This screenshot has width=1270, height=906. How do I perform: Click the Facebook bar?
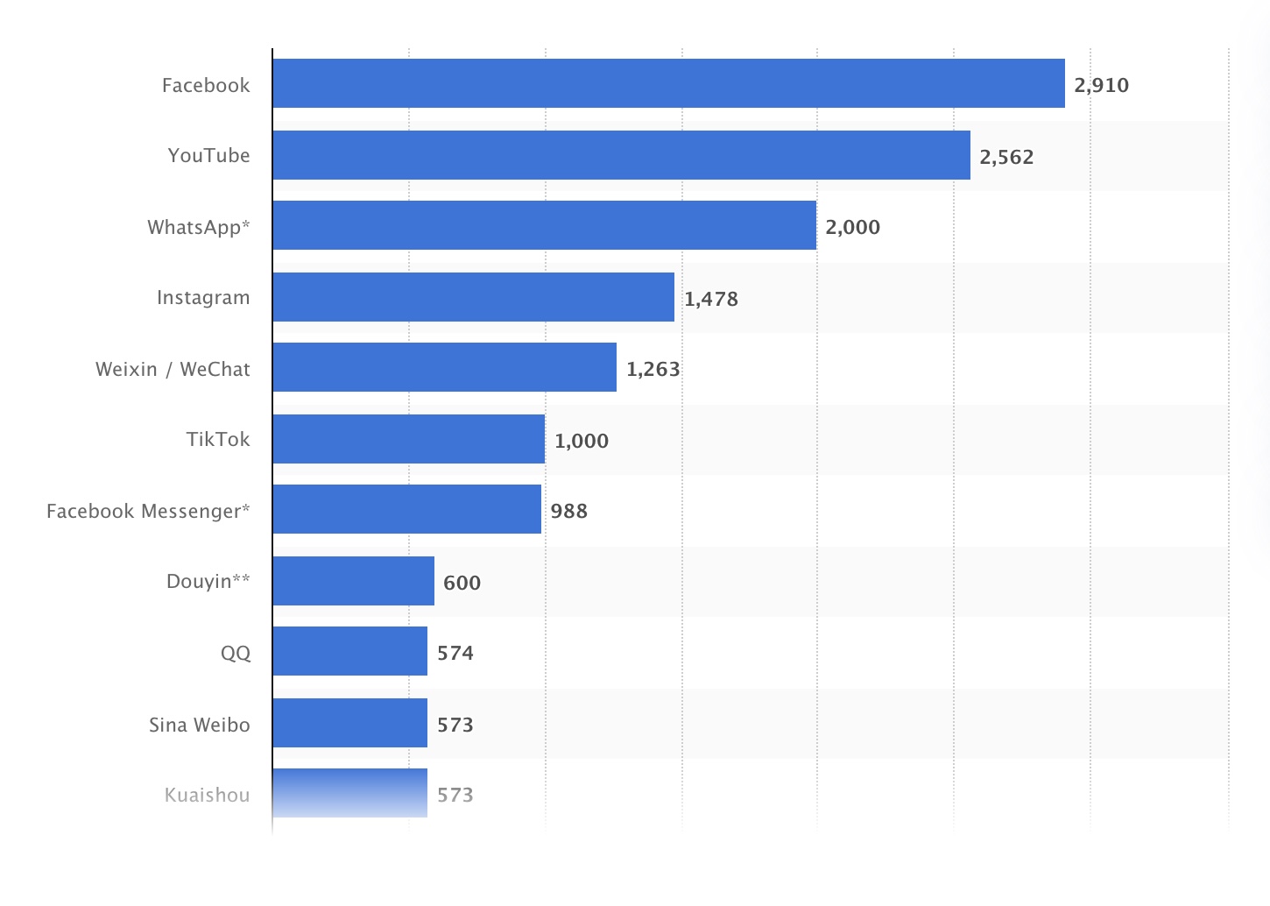[668, 83]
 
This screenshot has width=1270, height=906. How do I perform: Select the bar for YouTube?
[621, 155]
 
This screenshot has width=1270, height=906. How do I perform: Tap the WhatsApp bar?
[544, 225]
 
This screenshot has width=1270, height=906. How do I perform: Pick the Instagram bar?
[473, 297]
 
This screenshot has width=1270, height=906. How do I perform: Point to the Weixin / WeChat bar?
[444, 367]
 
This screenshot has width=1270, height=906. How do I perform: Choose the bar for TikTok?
[408, 439]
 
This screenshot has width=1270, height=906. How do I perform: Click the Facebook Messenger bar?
[406, 509]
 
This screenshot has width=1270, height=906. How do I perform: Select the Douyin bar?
[353, 581]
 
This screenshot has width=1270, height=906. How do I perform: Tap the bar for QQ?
[349, 651]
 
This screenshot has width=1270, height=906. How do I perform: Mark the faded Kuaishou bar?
[349, 793]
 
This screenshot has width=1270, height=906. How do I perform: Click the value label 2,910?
[1101, 85]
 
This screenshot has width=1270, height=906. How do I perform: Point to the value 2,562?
[1006, 157]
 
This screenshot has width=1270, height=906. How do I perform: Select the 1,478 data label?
[710, 299]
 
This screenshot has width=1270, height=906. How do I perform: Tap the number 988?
[568, 511]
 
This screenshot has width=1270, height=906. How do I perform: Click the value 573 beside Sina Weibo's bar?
[455, 725]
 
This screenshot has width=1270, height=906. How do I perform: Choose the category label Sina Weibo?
[199, 725]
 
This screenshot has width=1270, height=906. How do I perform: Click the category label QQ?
[235, 653]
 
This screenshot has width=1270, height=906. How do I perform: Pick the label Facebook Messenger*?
[148, 511]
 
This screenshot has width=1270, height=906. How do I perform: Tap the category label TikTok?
[217, 439]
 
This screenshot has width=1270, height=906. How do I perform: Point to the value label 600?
[462, 583]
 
